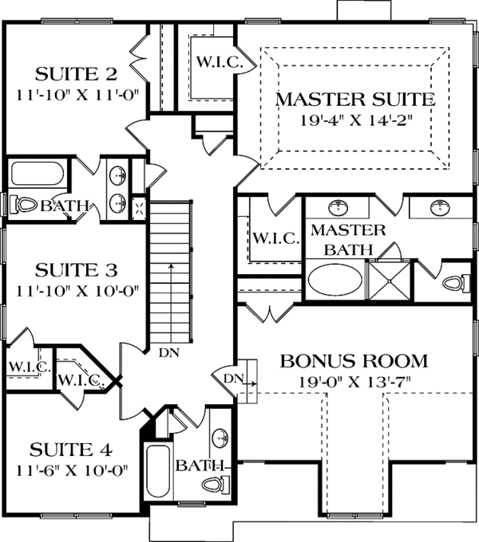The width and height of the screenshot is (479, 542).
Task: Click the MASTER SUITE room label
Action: click(x=354, y=100)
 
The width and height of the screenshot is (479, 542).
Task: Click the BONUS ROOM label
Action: click(x=354, y=361)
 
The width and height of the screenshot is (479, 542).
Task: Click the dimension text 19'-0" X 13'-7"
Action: click(x=354, y=382)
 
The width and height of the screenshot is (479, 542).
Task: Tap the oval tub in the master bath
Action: click(x=333, y=282)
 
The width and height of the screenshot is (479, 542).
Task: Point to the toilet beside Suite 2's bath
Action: click(x=22, y=206)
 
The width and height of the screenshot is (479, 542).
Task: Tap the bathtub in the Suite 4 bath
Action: click(x=158, y=472)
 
